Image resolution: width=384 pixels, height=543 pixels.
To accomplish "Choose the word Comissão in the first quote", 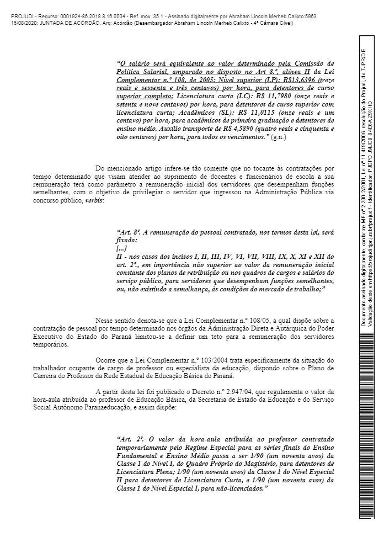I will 310,63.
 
